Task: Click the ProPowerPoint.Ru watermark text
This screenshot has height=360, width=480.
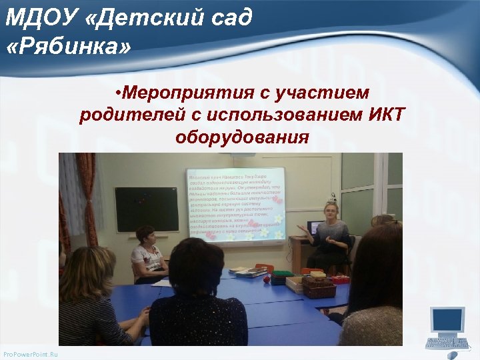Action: (x=30, y=354)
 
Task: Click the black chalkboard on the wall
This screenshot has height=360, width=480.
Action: (x=147, y=209)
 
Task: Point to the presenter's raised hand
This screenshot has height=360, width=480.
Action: (x=303, y=228)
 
